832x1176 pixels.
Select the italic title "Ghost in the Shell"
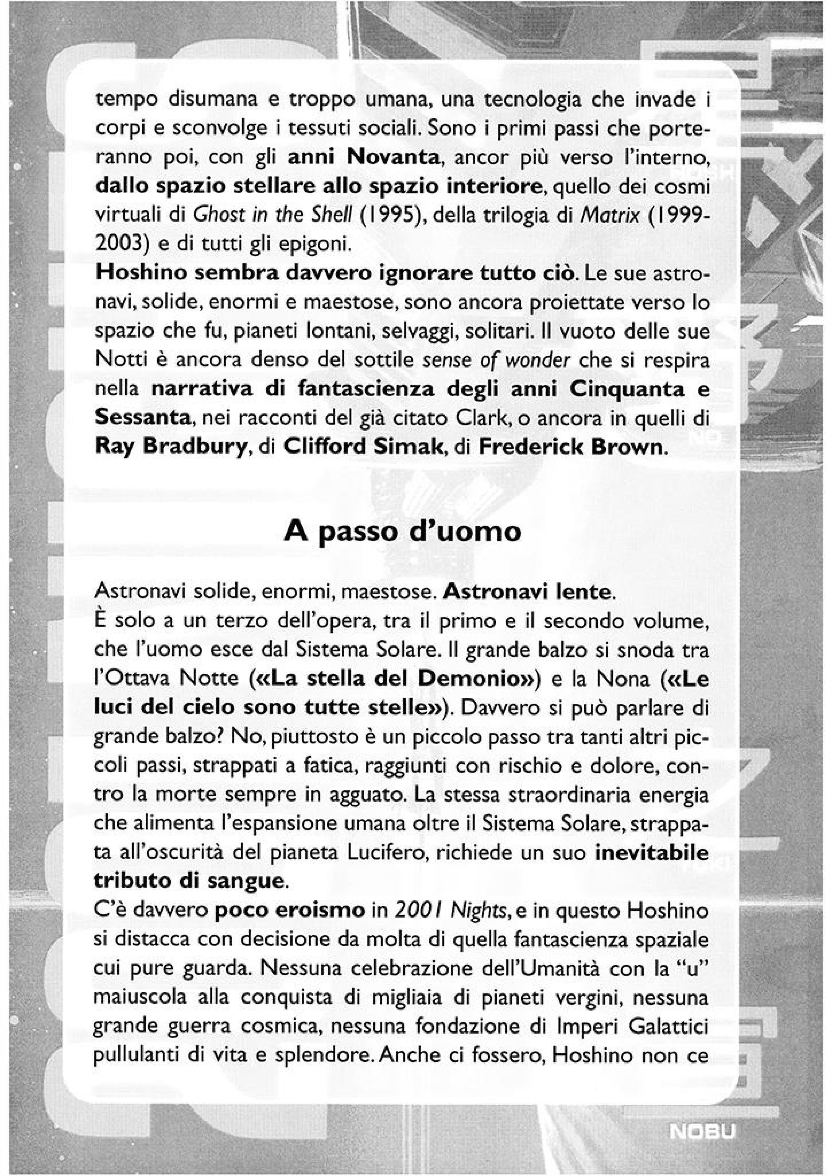[x=272, y=215]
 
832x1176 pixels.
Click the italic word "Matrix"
[x=610, y=215]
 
